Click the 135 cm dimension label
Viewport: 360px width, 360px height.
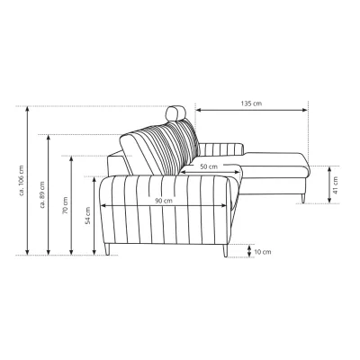tap(251, 103)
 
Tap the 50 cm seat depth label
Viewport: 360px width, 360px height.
tap(209, 166)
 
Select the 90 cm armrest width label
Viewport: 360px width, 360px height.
tap(164, 201)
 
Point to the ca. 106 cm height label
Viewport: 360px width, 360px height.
tap(22, 181)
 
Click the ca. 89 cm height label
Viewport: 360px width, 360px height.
tap(42, 194)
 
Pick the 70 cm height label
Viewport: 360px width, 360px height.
tap(65, 205)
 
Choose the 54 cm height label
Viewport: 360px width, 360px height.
tap(87, 216)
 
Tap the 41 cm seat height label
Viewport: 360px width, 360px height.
tap(336, 185)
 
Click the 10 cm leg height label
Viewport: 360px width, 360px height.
tap(263, 252)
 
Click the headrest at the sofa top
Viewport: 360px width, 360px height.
tap(175, 112)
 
